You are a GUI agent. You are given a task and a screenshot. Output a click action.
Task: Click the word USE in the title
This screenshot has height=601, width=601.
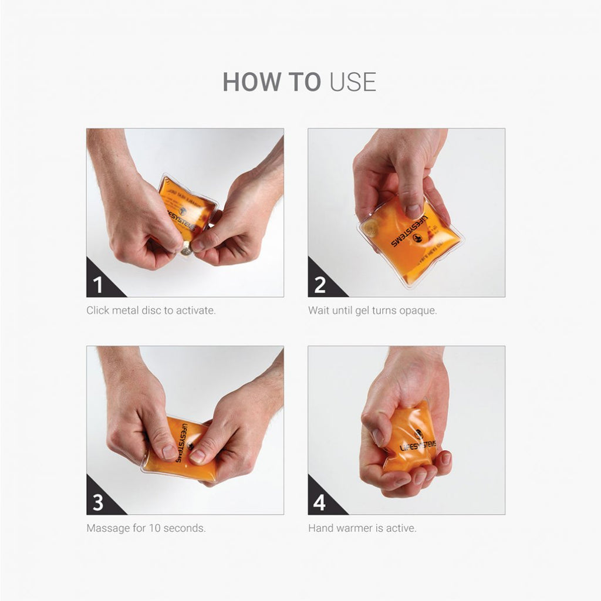(352, 82)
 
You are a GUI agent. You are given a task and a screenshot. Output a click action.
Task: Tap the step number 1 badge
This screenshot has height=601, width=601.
(98, 285)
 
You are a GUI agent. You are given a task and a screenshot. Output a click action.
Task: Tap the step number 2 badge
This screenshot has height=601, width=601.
(320, 285)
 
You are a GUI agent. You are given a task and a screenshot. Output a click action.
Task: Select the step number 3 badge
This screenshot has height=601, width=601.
(98, 502)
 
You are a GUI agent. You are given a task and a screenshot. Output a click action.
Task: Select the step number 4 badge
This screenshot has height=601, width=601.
(320, 502)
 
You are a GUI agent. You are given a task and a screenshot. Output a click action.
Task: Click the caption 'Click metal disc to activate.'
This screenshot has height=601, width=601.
(151, 310)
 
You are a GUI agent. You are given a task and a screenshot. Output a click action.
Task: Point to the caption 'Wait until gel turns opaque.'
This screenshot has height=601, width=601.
(373, 310)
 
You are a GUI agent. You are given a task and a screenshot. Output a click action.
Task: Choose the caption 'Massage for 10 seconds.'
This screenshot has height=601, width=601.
(146, 528)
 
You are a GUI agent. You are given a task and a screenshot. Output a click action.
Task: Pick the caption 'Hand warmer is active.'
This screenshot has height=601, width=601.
(362, 528)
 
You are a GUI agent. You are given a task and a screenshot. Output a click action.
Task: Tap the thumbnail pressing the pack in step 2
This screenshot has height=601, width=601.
(413, 210)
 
